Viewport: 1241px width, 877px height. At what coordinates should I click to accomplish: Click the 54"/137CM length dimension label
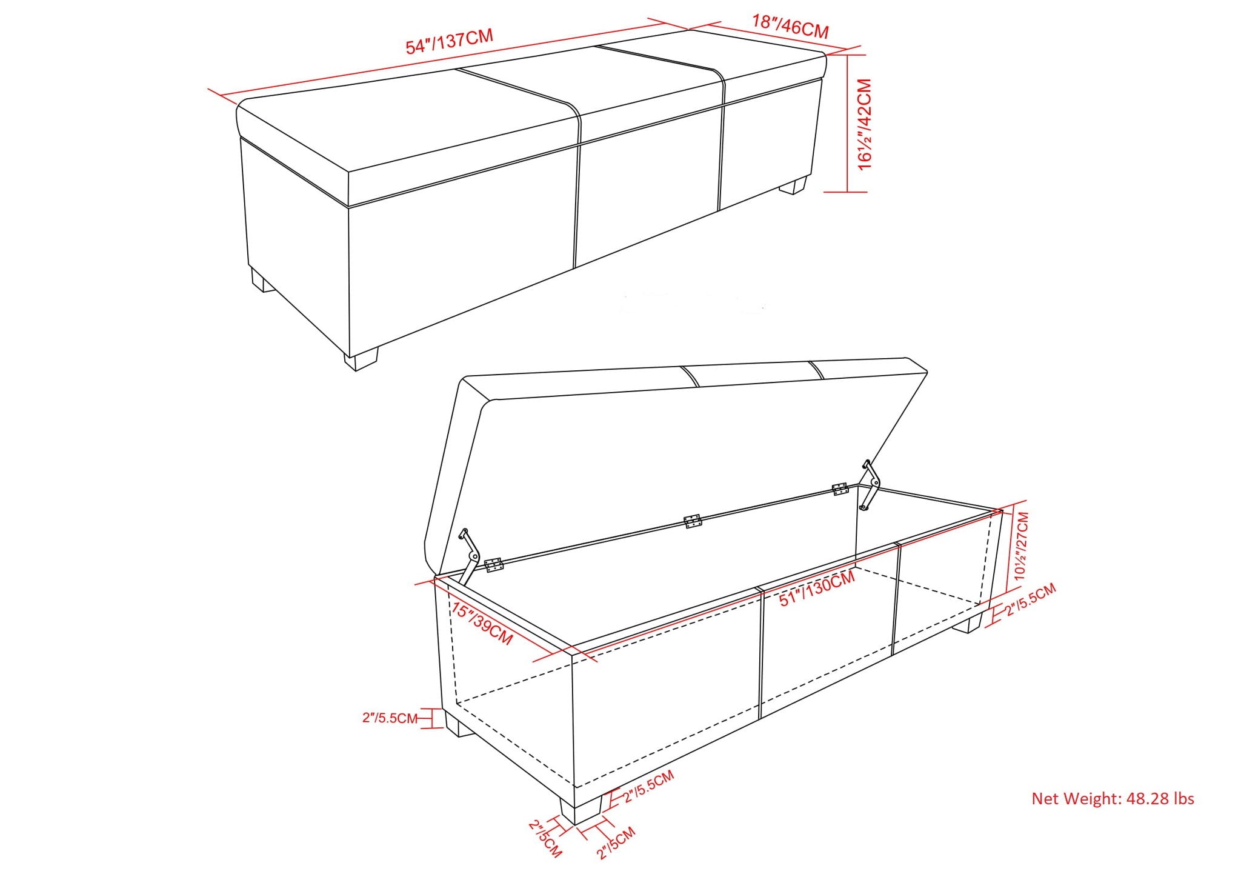point(449,42)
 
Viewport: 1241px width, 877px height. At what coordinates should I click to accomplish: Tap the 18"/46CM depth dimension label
point(790,26)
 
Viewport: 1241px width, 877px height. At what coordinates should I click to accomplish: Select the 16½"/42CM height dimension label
point(865,124)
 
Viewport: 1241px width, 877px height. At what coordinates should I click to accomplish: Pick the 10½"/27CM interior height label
point(1022,546)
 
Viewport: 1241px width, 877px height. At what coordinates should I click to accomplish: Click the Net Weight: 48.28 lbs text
point(1113,799)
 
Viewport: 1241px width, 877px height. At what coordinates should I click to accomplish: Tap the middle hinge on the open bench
point(692,521)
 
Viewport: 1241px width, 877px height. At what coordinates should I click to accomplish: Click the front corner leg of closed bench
point(361,359)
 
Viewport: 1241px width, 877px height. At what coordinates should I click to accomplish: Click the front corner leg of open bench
point(580,810)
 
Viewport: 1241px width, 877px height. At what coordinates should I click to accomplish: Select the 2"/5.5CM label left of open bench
point(390,718)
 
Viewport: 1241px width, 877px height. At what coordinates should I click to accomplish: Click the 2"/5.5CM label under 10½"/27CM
point(1030,599)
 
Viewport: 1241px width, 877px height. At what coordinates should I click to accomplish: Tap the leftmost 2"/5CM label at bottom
point(545,838)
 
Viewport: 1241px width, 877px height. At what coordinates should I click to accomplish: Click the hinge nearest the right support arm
point(839,489)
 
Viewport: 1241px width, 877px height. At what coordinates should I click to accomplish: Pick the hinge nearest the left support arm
point(494,565)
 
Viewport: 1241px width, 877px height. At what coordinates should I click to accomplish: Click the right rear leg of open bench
point(967,624)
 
